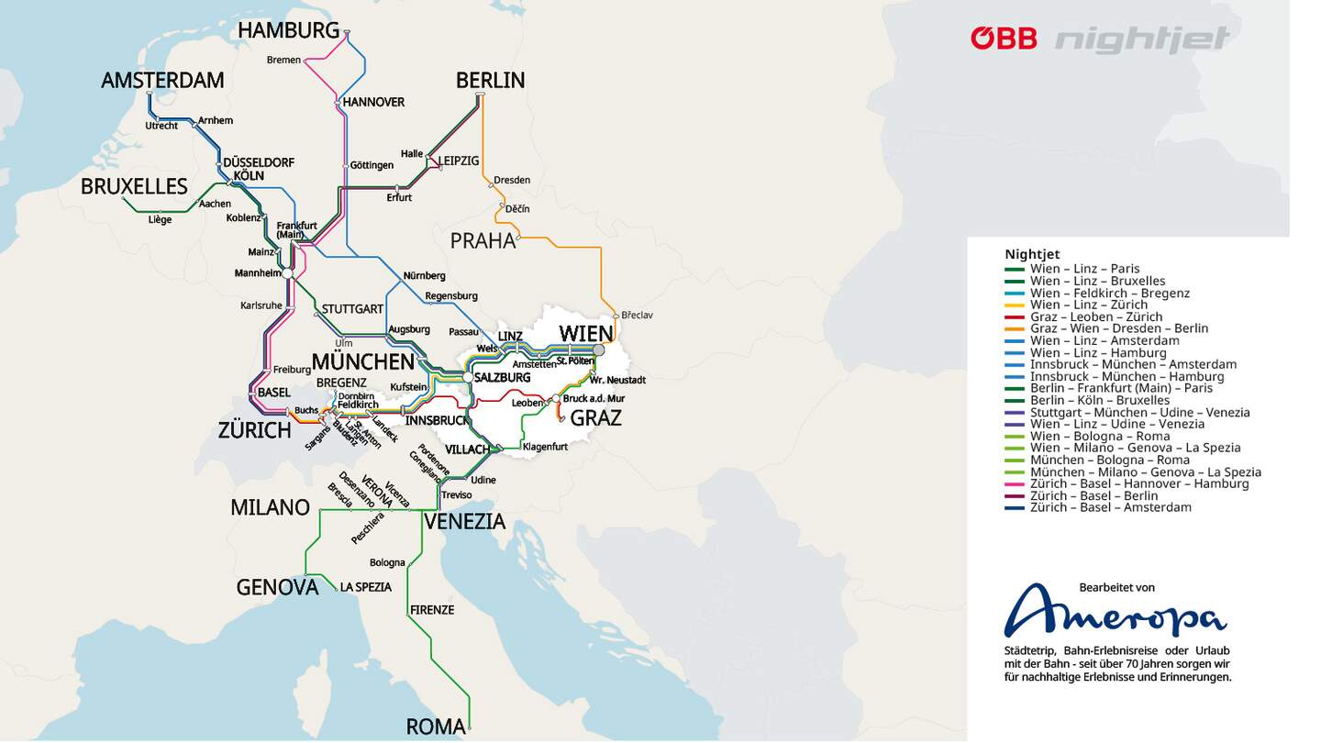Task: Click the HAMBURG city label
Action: (288, 30)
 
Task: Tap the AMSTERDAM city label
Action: (162, 80)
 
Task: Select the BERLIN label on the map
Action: (490, 80)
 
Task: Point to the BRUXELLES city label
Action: (134, 186)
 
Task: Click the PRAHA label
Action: (483, 240)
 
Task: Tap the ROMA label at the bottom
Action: (435, 726)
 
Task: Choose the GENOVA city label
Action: (277, 587)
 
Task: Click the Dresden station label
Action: (512, 180)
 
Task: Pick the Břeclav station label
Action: (637, 315)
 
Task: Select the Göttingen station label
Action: (372, 165)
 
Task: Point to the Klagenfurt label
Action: (545, 447)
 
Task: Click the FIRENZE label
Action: (432, 609)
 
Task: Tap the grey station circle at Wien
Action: (599, 349)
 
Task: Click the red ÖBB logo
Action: (1004, 39)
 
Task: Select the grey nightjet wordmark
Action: (1142, 39)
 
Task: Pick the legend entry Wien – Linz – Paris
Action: (1084, 269)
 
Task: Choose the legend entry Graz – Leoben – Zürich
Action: (1095, 316)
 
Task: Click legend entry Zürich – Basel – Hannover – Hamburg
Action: (1138, 483)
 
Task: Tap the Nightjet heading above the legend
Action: (1032, 254)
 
